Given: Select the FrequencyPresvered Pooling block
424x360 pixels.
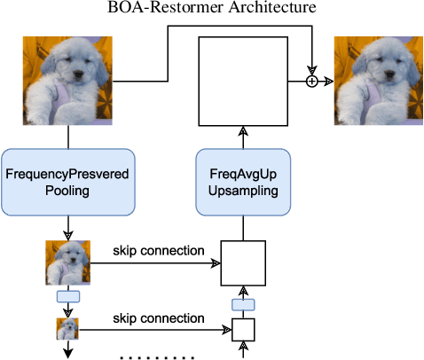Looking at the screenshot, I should pyautogui.click(x=67, y=182).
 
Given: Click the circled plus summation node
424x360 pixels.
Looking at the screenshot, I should pyautogui.click(x=311, y=82).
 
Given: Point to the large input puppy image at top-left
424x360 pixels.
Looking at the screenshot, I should pyautogui.click(x=67, y=81).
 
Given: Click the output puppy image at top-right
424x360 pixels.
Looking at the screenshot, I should pyautogui.click(x=378, y=81).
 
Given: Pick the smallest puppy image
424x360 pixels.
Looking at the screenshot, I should pyautogui.click(x=67, y=330).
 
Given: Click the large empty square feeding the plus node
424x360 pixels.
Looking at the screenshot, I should pyautogui.click(x=243, y=82).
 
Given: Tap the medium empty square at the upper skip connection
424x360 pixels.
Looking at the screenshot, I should pyautogui.click(x=243, y=264).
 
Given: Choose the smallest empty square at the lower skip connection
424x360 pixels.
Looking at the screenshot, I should pyautogui.click(x=243, y=330).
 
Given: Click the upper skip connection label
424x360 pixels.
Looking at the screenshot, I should pyautogui.click(x=159, y=251).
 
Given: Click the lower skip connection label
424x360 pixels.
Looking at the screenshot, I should pyautogui.click(x=159, y=317).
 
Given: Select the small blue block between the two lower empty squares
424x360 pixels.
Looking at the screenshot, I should pyautogui.click(x=243, y=304).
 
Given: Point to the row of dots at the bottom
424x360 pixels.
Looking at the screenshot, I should pyautogui.click(x=156, y=356).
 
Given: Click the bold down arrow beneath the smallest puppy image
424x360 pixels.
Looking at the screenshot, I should pyautogui.click(x=67, y=351).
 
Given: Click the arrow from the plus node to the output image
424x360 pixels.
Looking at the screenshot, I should pyautogui.click(x=326, y=82).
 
